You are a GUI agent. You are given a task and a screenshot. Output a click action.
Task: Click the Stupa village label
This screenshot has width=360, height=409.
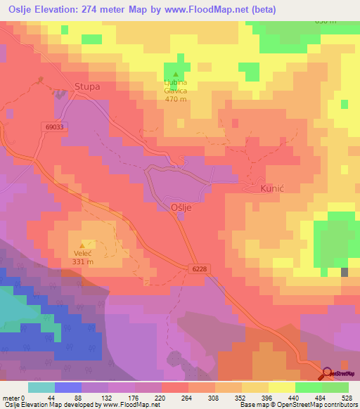[x=87, y=88]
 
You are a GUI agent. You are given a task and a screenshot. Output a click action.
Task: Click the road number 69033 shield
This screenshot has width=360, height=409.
[x=52, y=127]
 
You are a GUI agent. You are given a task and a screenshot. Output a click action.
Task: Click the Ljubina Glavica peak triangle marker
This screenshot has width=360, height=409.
[x=175, y=74]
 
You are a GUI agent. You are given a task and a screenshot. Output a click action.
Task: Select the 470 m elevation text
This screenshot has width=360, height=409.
[x=175, y=99]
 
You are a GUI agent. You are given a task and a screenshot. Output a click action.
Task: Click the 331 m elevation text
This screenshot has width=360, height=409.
[x=83, y=262]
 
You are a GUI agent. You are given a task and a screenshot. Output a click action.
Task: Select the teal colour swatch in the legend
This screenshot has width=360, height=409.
[x=41, y=387]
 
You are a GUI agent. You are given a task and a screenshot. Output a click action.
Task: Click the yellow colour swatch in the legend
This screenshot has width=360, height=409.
[x=282, y=387]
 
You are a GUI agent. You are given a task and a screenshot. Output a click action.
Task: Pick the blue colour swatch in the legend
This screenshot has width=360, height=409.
[x=68, y=387]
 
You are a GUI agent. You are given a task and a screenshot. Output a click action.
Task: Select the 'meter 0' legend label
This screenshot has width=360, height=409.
[x=14, y=397]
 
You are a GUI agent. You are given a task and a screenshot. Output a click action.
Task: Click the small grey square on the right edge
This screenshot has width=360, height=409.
[x=345, y=272]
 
